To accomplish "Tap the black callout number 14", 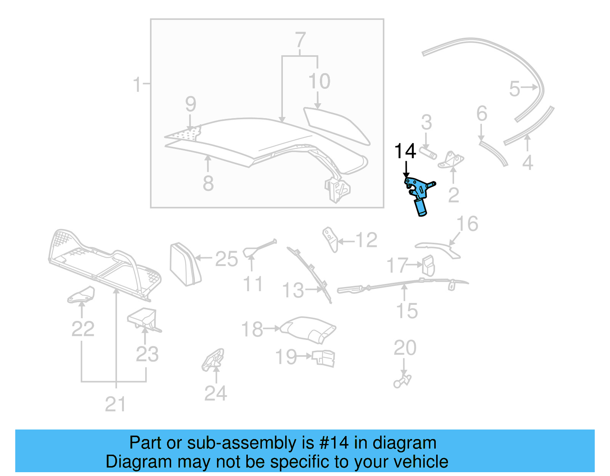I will (x=405, y=151).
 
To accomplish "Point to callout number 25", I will (x=226, y=259).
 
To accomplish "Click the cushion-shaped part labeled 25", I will (x=185, y=264).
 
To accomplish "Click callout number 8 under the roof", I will (x=208, y=183).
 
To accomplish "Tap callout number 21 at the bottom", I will (x=115, y=404).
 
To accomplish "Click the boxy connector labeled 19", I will (x=324, y=358).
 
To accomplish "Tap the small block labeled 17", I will (x=428, y=265).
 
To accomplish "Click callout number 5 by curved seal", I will (x=514, y=89).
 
